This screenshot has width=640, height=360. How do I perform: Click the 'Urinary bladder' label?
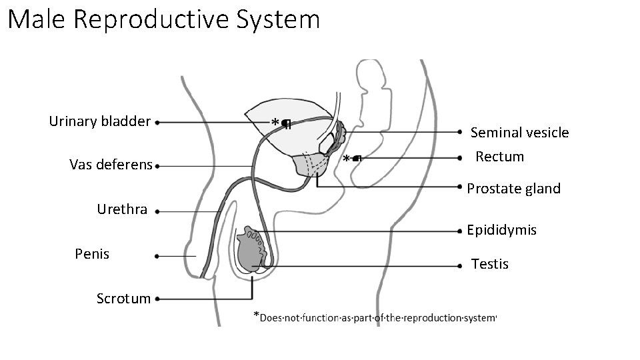99,121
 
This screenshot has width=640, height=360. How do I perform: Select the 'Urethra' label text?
122,209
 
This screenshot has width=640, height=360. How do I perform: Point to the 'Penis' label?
92,254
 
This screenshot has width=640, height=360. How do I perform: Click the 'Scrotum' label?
123,299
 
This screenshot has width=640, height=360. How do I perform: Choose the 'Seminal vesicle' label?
520,133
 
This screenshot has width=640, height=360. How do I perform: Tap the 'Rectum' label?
500,157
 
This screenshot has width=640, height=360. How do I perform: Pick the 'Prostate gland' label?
514,189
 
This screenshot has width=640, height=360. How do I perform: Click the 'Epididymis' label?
501,231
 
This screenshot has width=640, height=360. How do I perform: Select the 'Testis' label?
490,265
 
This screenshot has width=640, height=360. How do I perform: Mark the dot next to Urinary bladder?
157,123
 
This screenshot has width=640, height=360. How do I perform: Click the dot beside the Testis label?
461,265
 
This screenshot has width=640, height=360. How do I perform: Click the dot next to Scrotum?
157,300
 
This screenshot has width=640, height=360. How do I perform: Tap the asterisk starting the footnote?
256,315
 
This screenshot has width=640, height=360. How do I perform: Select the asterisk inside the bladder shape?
275,123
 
